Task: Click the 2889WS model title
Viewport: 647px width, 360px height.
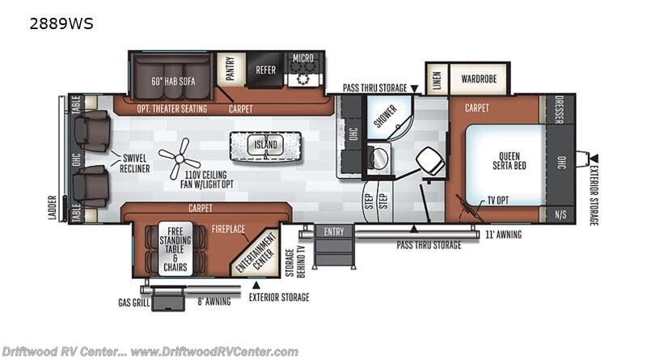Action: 61,24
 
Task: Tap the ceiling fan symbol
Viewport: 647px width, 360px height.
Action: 180,159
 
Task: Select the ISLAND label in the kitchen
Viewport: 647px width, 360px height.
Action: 265,145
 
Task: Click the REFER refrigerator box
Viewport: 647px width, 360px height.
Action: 265,70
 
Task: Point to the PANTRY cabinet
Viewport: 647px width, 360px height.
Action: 230,69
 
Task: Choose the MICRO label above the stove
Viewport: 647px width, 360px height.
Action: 303,58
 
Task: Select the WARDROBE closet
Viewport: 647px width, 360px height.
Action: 479,78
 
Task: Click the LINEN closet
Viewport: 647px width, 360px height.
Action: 437,78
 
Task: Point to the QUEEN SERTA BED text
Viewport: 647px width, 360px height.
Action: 510,161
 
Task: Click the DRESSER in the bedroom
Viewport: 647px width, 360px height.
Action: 560,109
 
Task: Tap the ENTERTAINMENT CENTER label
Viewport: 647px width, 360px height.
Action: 256,252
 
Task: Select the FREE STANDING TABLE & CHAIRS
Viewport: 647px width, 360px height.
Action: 175,249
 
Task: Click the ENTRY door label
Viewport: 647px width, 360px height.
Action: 334,231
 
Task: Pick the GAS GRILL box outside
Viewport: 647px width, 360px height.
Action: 167,299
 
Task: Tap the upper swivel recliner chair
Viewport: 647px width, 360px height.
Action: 92,131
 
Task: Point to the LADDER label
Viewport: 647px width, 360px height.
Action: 52,208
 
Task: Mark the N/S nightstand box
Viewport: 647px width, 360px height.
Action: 560,214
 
